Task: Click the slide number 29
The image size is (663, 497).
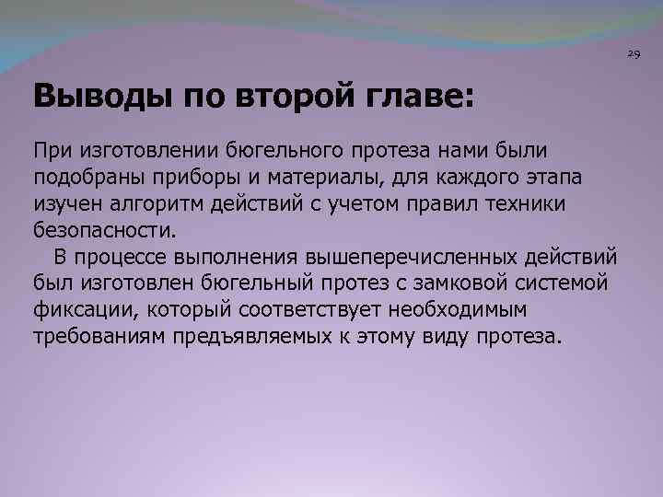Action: (x=634, y=55)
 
